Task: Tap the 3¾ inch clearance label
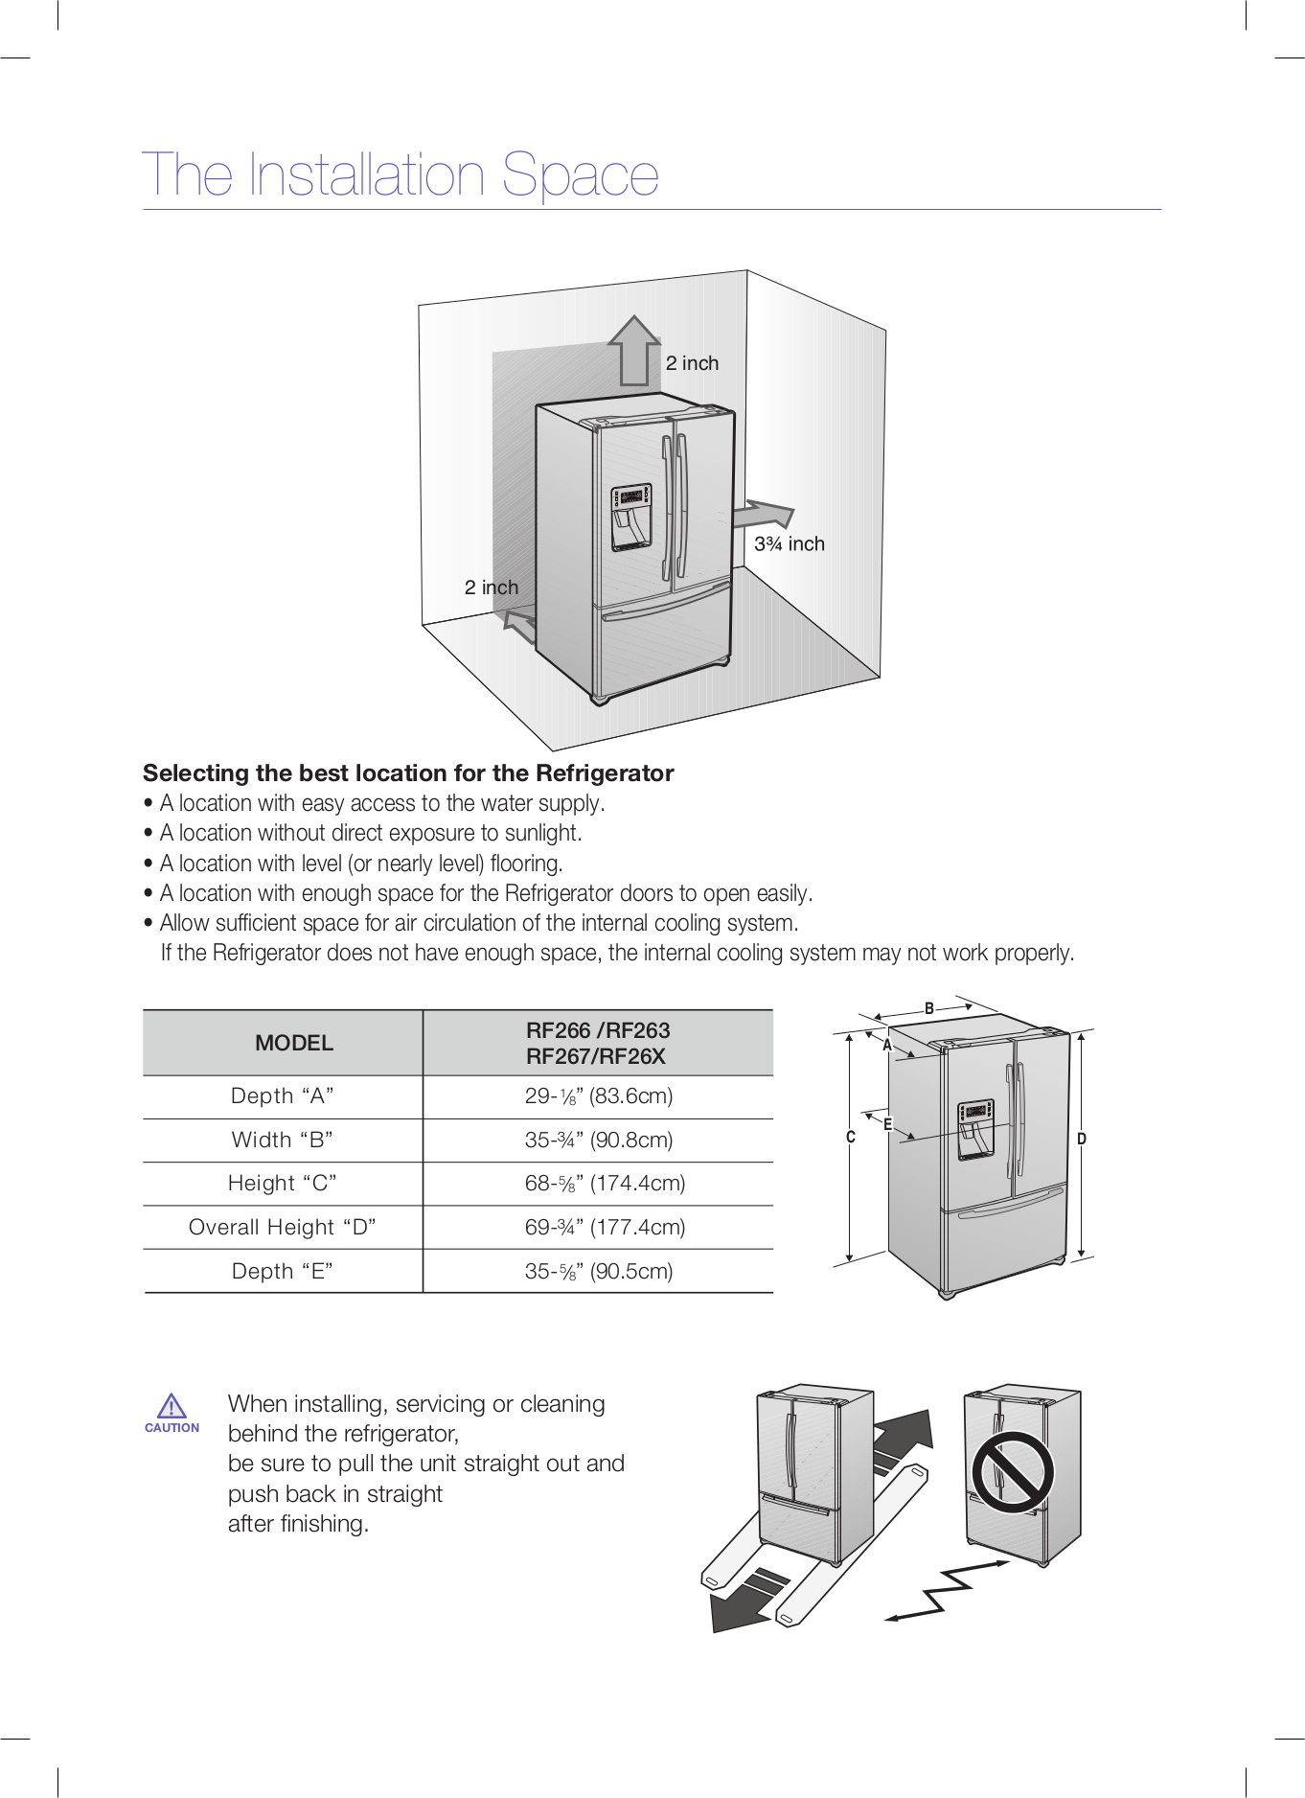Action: (x=789, y=544)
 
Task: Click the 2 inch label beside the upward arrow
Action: (x=692, y=363)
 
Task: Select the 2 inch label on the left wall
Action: (x=491, y=588)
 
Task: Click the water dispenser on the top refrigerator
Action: (x=631, y=518)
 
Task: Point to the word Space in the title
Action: (x=581, y=175)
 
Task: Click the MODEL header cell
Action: (x=293, y=1043)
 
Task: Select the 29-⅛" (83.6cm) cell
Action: (x=598, y=1095)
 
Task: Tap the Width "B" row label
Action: (x=282, y=1140)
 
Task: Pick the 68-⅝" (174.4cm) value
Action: (x=604, y=1183)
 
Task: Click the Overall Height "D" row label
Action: (x=282, y=1227)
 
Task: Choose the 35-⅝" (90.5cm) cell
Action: (x=598, y=1271)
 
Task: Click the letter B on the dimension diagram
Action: (x=928, y=1008)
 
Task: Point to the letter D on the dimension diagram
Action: (x=1082, y=1139)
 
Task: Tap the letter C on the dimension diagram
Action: (x=850, y=1138)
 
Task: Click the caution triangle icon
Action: (x=172, y=1406)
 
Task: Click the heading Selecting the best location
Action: (x=408, y=773)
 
